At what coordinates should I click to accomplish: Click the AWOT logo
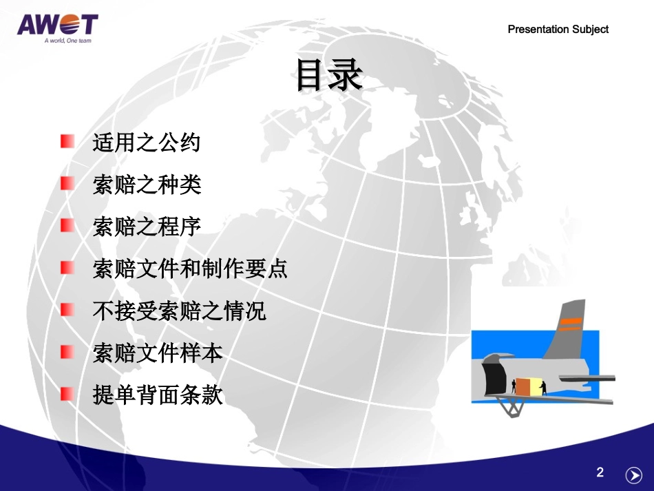[x=58, y=25]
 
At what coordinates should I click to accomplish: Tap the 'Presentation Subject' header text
[x=558, y=29]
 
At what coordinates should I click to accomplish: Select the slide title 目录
[x=328, y=76]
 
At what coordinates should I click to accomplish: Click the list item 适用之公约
[x=147, y=143]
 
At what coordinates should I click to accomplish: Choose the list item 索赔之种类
[x=147, y=185]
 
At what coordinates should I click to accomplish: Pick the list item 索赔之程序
[x=147, y=227]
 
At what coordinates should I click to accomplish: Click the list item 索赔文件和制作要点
[x=190, y=269]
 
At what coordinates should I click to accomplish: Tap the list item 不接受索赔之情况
[x=179, y=311]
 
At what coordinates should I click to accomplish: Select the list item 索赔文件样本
[x=158, y=353]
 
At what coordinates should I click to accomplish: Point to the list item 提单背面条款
[x=158, y=395]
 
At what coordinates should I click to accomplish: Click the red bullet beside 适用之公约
[x=67, y=142]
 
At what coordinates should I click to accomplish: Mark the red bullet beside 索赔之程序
[x=67, y=226]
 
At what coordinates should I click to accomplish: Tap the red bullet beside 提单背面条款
[x=67, y=395]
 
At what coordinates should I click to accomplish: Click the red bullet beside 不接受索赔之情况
[x=67, y=310]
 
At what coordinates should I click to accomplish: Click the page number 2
[x=600, y=472]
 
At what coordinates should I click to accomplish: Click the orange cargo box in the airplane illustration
[x=525, y=386]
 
